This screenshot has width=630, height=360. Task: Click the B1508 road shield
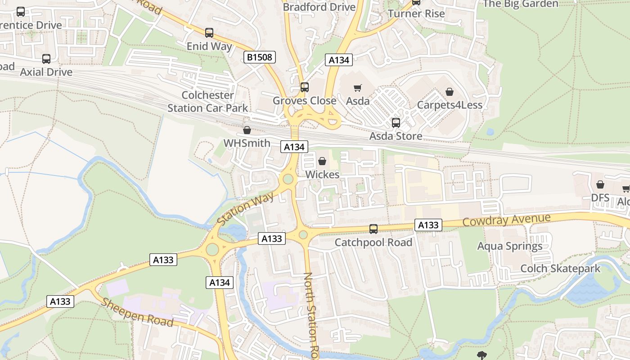click(x=259, y=57)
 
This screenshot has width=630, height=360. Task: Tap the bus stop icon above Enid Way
click(x=209, y=33)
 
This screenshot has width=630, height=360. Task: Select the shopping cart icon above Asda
click(x=358, y=88)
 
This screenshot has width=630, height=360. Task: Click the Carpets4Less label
click(x=449, y=105)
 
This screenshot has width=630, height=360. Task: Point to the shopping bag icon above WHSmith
click(x=247, y=130)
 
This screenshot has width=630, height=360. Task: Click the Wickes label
click(x=322, y=174)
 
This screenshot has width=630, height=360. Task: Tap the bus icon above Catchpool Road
click(x=373, y=229)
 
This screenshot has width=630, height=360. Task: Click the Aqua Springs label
click(x=509, y=246)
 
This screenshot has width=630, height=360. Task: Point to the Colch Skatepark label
click(x=560, y=269)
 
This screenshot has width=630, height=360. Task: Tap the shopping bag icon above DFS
click(x=600, y=184)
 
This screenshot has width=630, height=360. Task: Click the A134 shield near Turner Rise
click(x=339, y=60)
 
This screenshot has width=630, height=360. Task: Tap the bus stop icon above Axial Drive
click(x=46, y=59)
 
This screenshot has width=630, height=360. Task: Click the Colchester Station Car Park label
click(x=207, y=102)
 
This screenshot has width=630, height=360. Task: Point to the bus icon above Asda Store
click(x=396, y=123)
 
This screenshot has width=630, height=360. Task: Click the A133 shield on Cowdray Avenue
click(x=428, y=225)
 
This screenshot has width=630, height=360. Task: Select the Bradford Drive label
click(x=319, y=7)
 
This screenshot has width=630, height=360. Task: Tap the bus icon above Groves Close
click(x=305, y=87)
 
